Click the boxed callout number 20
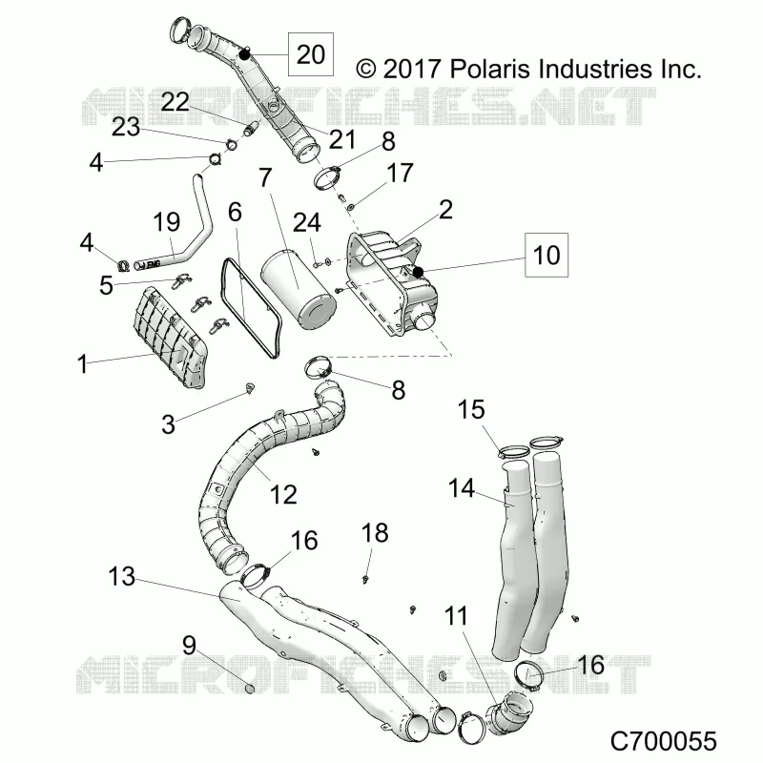311,54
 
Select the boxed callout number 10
546,255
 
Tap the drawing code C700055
664,741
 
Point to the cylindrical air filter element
299,289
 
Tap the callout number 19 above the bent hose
166,222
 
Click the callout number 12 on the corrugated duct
283,495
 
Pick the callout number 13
122,576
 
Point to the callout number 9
189,646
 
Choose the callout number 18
375,533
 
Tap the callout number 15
471,409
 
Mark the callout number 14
462,488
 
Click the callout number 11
456,616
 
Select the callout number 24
307,223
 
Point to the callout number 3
169,424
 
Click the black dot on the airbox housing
418,273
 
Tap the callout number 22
175,102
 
